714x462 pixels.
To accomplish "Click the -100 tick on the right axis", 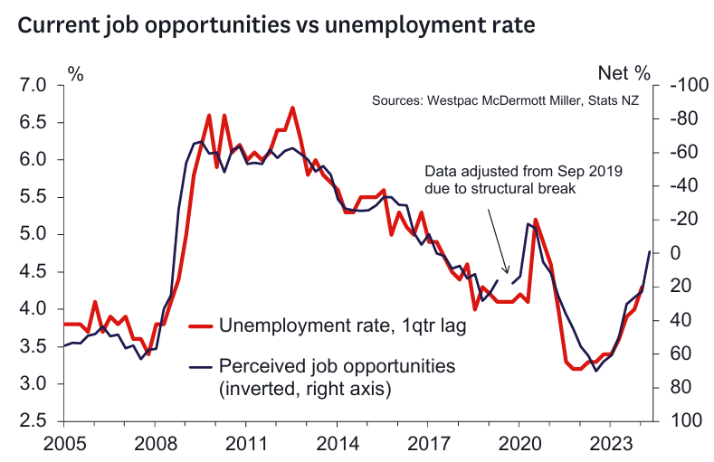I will point(688,85).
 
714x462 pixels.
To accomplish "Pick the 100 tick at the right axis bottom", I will point(683,421).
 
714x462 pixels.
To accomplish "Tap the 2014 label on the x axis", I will point(337,444).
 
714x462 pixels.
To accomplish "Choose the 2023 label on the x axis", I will point(610,444).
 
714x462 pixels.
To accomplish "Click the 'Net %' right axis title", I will point(624,72).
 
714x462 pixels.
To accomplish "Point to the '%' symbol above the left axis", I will point(76,73).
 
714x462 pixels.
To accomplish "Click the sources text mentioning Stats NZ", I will point(505,101).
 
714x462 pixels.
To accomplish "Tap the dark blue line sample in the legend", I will point(203,366).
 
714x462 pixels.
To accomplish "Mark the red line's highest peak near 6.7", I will point(292,108).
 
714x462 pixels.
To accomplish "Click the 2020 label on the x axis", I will point(519,444).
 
